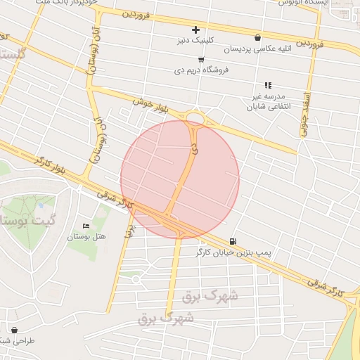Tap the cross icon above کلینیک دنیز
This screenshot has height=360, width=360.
point(195,30)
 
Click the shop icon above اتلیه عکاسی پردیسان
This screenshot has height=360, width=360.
point(258,38)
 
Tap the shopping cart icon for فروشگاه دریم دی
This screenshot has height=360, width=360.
point(202,60)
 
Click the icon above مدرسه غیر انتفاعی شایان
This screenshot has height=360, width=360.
point(268,85)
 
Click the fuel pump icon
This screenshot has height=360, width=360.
point(233,240)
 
